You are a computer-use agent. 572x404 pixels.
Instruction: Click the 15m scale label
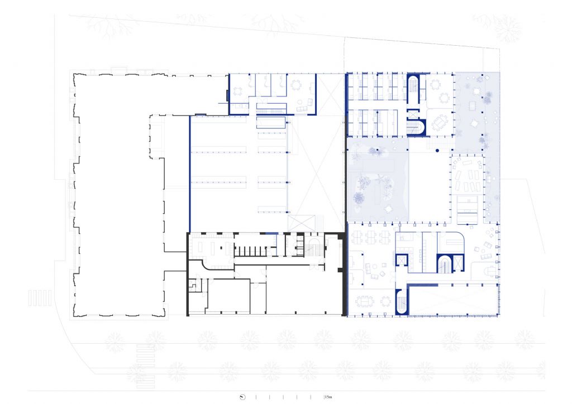[x=328, y=397]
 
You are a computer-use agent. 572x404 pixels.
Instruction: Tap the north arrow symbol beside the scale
[x=243, y=397]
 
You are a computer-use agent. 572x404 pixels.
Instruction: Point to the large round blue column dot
[x=437, y=150]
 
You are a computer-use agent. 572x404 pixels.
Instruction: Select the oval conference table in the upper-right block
[x=439, y=122]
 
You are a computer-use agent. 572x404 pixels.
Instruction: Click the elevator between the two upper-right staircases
[x=413, y=115]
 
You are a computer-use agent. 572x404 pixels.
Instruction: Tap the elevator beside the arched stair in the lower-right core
[x=457, y=262]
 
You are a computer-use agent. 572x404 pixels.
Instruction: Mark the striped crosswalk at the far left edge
[x=40, y=297]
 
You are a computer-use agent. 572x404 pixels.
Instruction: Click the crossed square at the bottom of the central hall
[x=301, y=223]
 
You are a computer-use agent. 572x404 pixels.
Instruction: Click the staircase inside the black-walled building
[x=313, y=247]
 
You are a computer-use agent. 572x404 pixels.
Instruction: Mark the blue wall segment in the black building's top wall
[x=272, y=233]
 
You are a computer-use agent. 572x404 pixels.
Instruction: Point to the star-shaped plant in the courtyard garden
[x=380, y=179]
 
